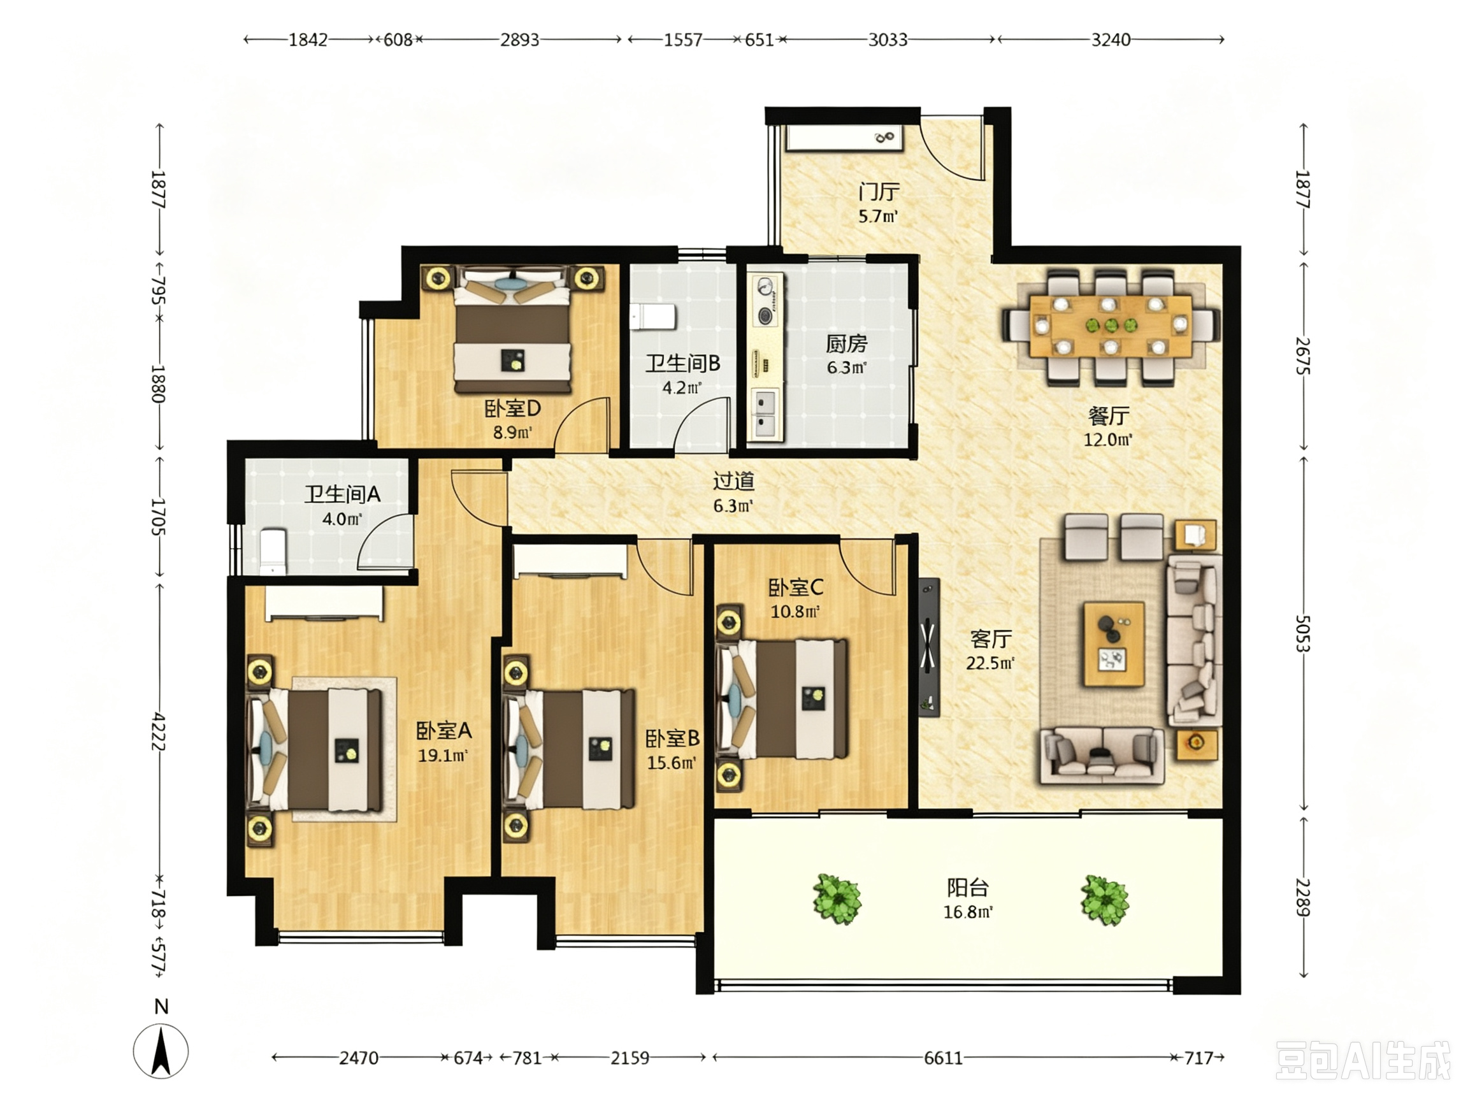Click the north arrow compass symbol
(161, 1050)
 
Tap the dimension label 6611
(943, 1057)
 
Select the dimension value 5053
(1303, 634)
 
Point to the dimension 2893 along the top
(520, 40)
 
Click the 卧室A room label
(444, 731)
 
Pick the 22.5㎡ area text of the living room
(990, 663)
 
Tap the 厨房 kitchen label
(846, 343)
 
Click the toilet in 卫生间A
(273, 552)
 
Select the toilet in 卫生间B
(652, 317)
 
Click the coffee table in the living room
(1114, 644)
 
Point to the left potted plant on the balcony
(837, 898)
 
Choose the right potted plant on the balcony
(1105, 900)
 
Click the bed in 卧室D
(512, 329)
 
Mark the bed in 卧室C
(781, 698)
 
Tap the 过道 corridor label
(733, 481)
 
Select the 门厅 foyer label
(879, 192)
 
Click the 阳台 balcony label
(968, 888)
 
